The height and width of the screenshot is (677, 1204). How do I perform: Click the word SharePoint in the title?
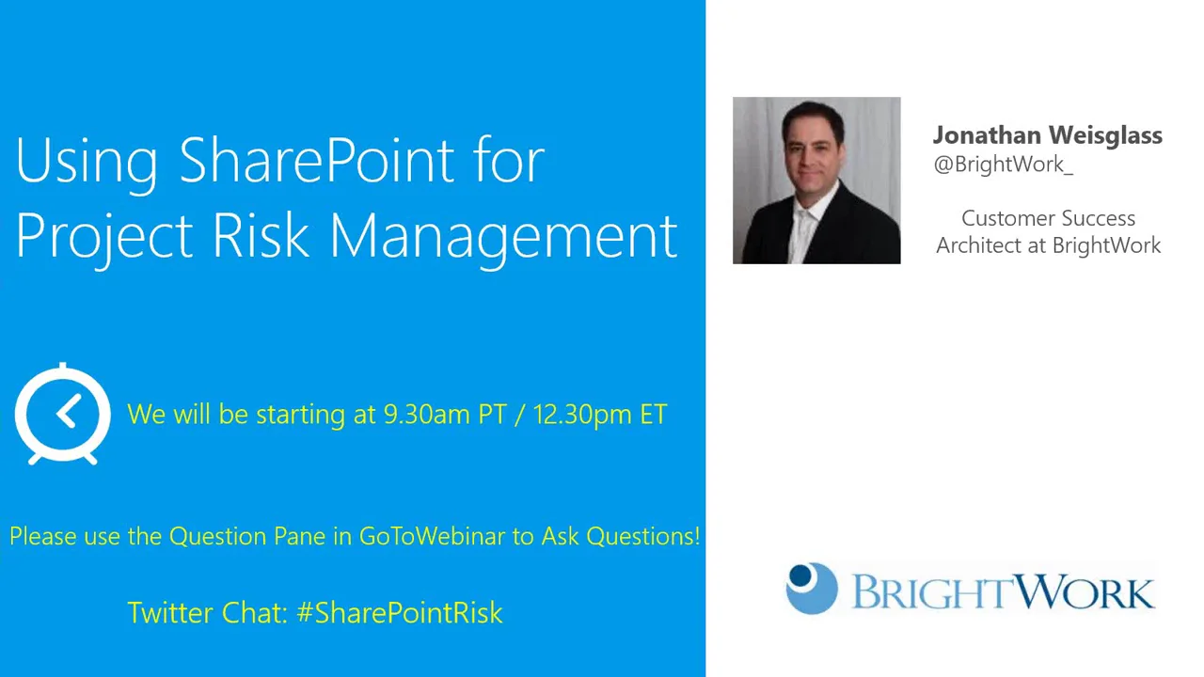[x=316, y=161]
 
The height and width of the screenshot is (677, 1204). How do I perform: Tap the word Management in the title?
[x=503, y=235]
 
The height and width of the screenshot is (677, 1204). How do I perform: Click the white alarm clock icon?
[x=62, y=414]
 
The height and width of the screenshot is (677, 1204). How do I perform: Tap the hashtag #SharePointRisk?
[x=400, y=613]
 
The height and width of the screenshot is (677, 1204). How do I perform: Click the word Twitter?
[x=170, y=613]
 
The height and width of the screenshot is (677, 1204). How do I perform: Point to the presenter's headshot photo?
[x=816, y=181]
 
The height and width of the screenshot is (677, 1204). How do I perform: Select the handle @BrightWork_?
[x=1003, y=165]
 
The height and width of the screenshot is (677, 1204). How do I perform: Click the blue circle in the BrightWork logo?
[x=811, y=589]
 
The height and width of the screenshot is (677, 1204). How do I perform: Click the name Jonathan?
[x=984, y=135]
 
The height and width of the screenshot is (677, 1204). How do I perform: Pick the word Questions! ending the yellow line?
[x=643, y=536]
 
